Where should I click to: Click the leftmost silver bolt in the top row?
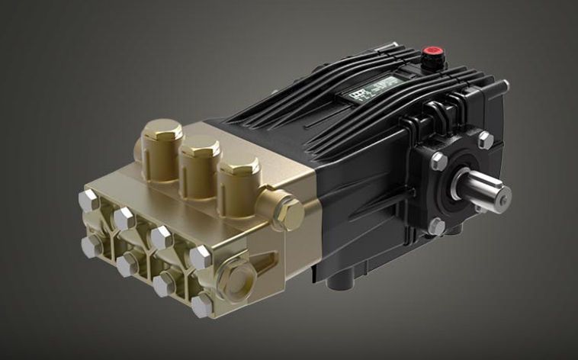point(88,201)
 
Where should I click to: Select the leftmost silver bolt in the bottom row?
point(89,245)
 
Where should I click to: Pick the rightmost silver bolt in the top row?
point(201,258)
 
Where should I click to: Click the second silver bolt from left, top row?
point(124,219)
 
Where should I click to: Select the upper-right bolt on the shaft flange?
point(485,140)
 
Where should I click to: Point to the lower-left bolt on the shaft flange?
point(437,226)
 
